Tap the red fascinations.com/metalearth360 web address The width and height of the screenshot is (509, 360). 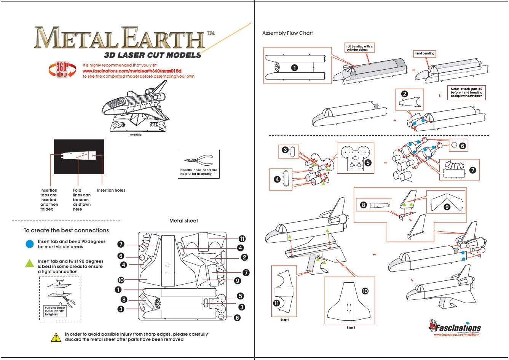pos(132,71)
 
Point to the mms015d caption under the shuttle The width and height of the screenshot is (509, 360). pos(136,134)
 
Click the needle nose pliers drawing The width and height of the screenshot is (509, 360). pos(198,160)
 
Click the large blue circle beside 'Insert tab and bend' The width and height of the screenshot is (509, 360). pos(30,244)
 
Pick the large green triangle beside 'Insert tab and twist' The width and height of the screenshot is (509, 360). pos(30,263)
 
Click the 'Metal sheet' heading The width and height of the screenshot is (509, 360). pos(183,221)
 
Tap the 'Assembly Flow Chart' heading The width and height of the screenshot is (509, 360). pos(287,33)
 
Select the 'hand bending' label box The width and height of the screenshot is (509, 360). pos(424,54)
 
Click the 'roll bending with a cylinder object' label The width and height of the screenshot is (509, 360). pos(359,48)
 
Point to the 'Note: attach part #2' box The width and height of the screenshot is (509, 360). pos(466,93)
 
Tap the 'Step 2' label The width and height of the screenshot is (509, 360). pos(351,327)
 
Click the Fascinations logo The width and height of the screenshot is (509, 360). pos(455,328)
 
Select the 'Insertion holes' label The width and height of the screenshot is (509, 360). pos(111,190)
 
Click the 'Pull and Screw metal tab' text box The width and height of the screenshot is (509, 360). pos(55,311)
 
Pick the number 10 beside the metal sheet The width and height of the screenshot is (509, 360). pos(121,280)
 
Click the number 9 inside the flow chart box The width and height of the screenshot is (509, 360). pos(447,207)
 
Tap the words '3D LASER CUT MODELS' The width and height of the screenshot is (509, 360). pos(152,55)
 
